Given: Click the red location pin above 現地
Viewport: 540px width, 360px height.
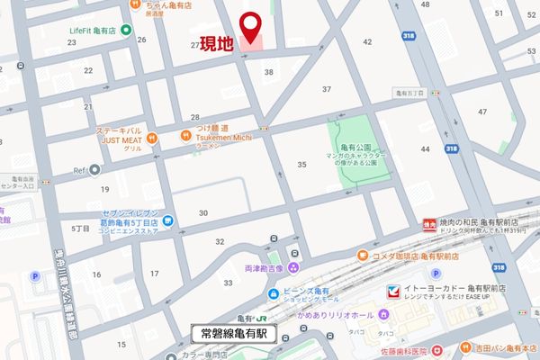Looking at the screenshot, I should (253, 25).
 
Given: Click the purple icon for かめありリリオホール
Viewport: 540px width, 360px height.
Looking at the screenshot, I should (383, 314).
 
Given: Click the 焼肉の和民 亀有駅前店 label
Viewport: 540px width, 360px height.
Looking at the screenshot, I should (486, 221).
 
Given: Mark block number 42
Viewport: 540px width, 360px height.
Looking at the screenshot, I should (366, 42).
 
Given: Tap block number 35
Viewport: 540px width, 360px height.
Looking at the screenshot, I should (302, 164).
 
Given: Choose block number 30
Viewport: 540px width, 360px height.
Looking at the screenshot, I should (203, 213).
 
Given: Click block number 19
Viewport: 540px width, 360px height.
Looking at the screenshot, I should (105, 189).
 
